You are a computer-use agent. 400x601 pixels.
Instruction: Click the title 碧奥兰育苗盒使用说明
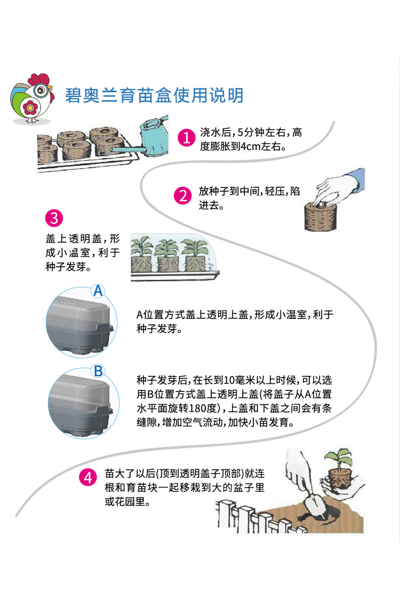tap(154, 95)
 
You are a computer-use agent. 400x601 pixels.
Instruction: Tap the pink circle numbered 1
tap(186, 138)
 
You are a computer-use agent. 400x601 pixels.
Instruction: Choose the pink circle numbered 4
tap(87, 477)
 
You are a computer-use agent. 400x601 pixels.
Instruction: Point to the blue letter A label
tap(98, 291)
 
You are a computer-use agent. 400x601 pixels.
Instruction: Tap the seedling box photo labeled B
tap(80, 404)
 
